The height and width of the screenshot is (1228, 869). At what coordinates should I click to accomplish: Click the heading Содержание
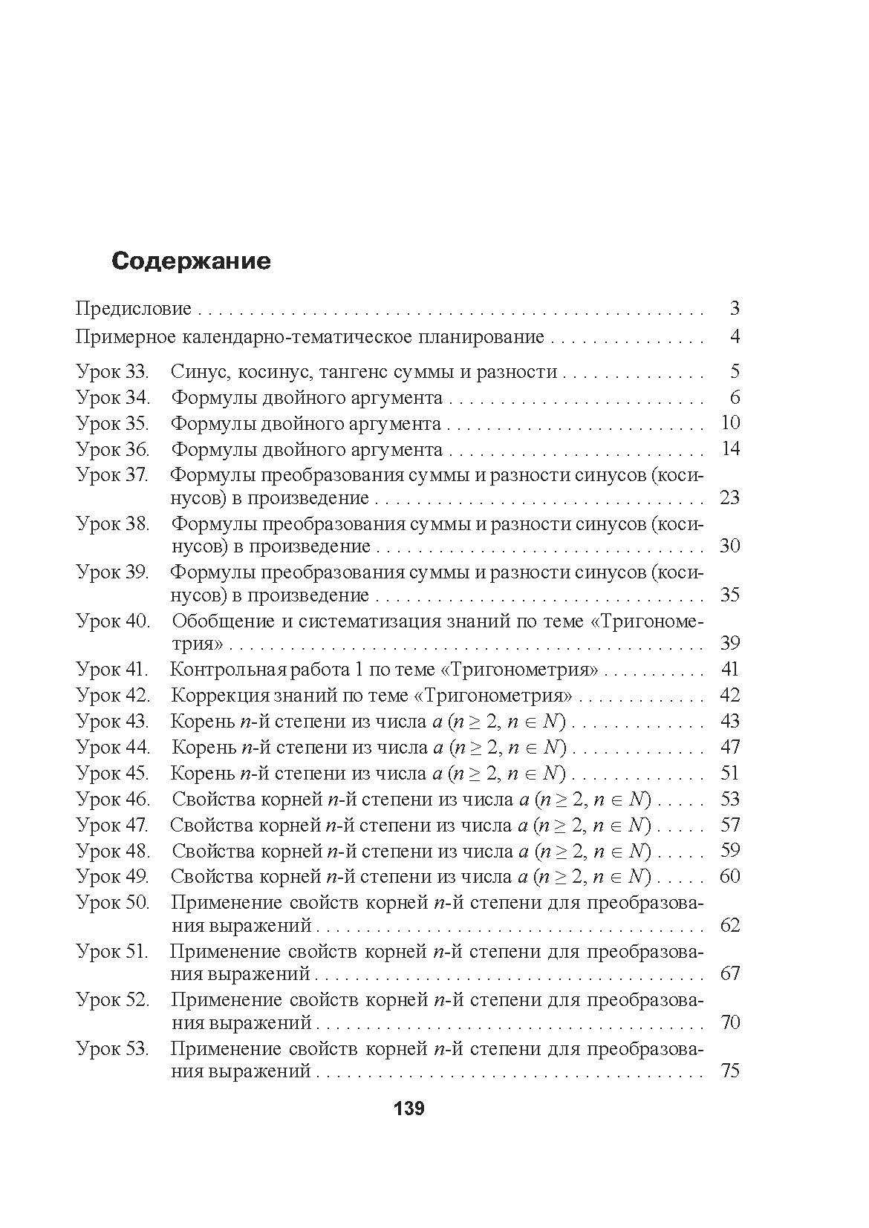pos(191,261)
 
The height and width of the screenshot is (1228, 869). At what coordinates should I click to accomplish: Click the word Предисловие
pos(134,309)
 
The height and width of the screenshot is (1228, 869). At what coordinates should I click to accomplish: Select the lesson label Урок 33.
pos(113,371)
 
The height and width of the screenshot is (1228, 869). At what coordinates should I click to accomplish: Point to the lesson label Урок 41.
pos(113,670)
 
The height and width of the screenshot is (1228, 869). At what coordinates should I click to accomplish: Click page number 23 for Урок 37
pos(729,497)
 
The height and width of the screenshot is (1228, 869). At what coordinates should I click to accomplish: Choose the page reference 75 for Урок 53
pos(730,1071)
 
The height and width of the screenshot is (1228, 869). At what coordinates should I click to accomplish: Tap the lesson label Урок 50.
pos(113,904)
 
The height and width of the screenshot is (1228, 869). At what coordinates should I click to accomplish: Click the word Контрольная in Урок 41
pos(219,670)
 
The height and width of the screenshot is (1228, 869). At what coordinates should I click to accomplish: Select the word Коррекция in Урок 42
pos(212,696)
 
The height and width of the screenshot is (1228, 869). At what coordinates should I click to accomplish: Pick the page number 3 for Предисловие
pos(735,309)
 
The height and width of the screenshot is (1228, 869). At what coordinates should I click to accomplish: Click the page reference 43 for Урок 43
pos(730,722)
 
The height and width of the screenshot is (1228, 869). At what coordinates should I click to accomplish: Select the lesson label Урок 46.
pos(113,800)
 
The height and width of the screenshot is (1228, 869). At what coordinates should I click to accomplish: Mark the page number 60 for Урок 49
pos(730,877)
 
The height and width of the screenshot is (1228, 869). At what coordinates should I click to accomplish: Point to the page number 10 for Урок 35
pos(730,423)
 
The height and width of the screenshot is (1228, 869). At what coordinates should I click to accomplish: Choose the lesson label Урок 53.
pos(113,1050)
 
